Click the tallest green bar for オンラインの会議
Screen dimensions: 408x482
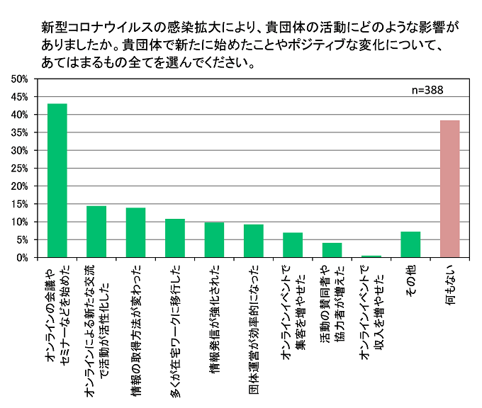click(x=57, y=181)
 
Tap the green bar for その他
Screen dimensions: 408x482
click(x=410, y=245)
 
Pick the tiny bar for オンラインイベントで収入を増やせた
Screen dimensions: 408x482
click(x=371, y=256)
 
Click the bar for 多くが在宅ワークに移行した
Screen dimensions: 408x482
click(x=174, y=239)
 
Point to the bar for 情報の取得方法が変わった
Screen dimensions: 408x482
click(x=135, y=233)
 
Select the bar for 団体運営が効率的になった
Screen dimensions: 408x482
click(x=253, y=242)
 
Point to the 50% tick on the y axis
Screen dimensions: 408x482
click(x=19, y=79)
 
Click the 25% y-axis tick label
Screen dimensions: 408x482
click(x=19, y=169)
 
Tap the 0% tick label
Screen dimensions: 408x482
click(x=21, y=259)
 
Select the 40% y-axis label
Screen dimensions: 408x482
click(x=19, y=115)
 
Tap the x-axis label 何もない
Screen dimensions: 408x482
click(x=450, y=283)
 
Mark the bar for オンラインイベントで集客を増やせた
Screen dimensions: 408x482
click(x=293, y=245)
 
